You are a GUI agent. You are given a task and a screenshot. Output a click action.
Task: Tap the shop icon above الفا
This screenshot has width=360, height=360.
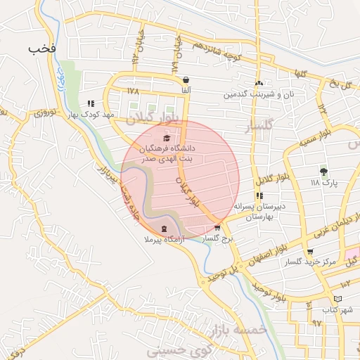pos(186,80)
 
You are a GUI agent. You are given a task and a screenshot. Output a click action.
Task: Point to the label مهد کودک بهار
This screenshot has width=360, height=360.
pos(89,113)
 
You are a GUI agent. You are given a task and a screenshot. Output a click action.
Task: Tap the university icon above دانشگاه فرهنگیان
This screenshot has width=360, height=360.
pos(166,138)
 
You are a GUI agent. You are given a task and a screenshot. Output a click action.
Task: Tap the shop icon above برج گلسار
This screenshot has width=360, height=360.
pos(217,228)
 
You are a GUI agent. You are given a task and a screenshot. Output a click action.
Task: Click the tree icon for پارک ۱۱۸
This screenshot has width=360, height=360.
pos(323,171)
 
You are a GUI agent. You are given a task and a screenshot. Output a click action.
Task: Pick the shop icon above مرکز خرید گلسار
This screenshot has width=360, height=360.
pos(310,252)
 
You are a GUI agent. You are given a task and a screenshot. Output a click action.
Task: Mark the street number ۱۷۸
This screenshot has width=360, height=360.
pos(134,91)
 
